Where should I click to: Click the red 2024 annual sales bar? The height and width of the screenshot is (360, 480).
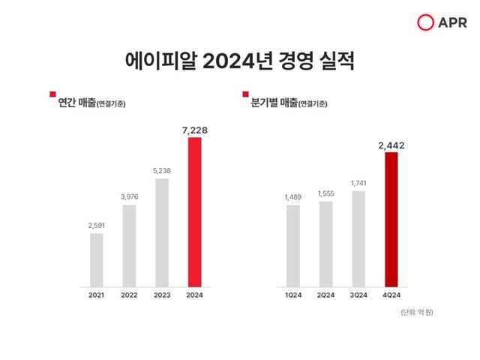(x=194, y=211)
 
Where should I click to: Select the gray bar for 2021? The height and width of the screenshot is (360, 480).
(x=96, y=259)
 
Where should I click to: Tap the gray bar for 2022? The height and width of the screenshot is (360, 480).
(x=129, y=245)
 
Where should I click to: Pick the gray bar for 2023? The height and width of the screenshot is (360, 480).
(x=161, y=232)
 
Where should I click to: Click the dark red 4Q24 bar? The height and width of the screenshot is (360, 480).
(x=391, y=219)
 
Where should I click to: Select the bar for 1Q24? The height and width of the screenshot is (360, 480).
(x=292, y=245)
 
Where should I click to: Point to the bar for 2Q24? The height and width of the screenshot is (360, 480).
(x=325, y=243)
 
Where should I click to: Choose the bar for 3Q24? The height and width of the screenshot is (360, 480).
(x=358, y=238)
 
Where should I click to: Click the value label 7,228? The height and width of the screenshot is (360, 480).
(x=194, y=130)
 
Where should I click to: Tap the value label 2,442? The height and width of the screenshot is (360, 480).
(x=391, y=145)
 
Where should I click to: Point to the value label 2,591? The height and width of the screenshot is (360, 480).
(x=96, y=224)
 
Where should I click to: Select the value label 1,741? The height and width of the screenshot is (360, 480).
(x=358, y=183)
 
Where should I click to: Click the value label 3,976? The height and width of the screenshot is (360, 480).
(x=129, y=196)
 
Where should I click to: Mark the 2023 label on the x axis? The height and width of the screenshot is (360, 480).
(x=161, y=296)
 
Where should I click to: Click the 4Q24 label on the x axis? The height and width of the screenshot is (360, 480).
(x=391, y=296)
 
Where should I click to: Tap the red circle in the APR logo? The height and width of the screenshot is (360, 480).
(x=426, y=23)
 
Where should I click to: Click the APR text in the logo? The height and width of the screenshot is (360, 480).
(x=451, y=23)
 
